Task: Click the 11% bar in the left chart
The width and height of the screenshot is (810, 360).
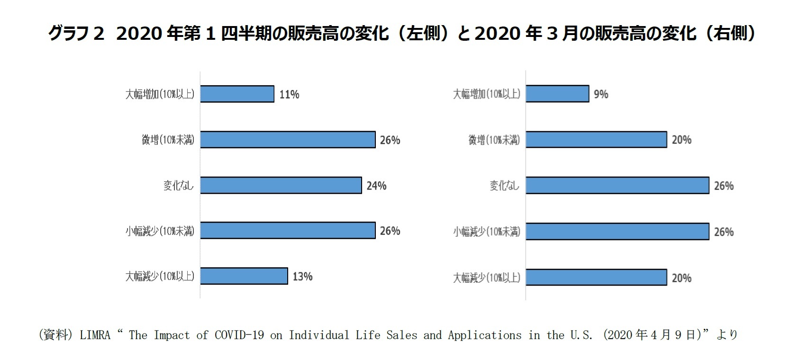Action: [x=237, y=94]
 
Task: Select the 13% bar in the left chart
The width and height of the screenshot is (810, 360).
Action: [x=244, y=276]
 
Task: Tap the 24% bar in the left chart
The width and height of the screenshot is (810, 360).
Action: [x=281, y=185]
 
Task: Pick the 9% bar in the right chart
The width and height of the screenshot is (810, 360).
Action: [x=557, y=94]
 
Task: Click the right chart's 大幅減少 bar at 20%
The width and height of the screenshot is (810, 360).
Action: [x=596, y=278]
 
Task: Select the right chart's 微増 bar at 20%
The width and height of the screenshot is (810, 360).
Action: [x=596, y=140]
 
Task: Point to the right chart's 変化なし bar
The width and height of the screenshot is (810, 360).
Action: [x=617, y=186]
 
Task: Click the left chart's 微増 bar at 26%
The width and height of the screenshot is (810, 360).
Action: [x=288, y=140]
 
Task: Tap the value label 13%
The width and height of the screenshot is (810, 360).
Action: [x=302, y=277]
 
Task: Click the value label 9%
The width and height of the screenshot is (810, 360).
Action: [x=601, y=94]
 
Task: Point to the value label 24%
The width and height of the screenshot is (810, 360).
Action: [x=376, y=186]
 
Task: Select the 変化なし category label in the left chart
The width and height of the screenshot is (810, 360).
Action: [x=179, y=186]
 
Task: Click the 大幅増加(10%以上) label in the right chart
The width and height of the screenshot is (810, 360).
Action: [x=486, y=94]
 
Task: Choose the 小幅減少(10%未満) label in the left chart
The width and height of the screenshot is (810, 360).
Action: [x=160, y=231]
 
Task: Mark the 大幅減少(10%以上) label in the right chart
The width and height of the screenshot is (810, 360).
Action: [x=486, y=278]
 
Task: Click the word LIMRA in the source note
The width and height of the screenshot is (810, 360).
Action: [x=95, y=335]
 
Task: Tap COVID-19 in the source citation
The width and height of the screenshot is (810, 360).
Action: [x=239, y=335]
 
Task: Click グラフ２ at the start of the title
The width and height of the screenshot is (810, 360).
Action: [x=76, y=34]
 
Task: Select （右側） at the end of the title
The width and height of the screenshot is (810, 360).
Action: [x=730, y=34]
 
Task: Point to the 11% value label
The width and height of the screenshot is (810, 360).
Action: [x=289, y=94]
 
